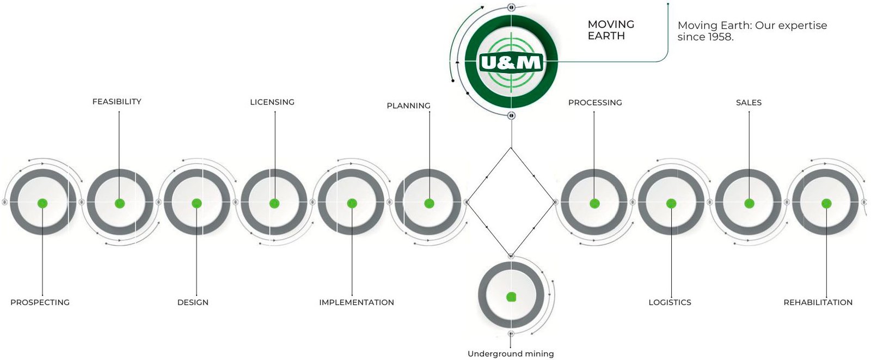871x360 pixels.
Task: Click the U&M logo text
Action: (x=511, y=63)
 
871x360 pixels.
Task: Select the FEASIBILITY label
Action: (x=116, y=102)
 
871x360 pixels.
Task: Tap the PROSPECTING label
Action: (x=40, y=302)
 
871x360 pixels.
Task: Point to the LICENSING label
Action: (x=272, y=102)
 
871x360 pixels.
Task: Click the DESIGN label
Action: (x=193, y=302)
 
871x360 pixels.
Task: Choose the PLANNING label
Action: (x=408, y=106)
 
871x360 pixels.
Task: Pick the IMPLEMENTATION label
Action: (x=357, y=302)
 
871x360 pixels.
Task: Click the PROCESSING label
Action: (x=595, y=102)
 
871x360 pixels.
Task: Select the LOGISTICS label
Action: (x=670, y=302)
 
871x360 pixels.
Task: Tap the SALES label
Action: (x=749, y=102)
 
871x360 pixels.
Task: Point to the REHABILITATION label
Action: (x=818, y=302)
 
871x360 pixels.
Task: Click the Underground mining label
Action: (x=511, y=354)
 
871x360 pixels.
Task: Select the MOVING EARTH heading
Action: (x=611, y=30)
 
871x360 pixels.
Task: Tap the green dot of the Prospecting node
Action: (x=42, y=203)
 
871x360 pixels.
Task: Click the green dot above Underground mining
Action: (x=511, y=297)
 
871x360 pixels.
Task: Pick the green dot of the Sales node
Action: (x=749, y=203)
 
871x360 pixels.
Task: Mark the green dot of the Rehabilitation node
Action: (x=826, y=203)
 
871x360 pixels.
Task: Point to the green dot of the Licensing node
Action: (x=274, y=203)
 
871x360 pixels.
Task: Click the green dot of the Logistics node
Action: (x=671, y=203)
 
